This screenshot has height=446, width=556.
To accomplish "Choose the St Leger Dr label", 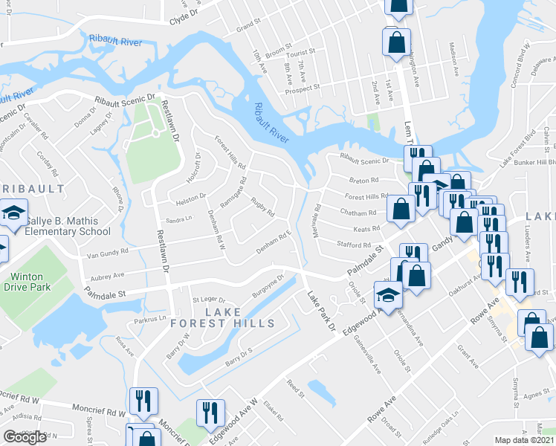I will click(x=207, y=300).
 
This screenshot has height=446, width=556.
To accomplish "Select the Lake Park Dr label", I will click(x=322, y=311).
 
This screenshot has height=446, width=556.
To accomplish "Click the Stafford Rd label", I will click(x=354, y=245).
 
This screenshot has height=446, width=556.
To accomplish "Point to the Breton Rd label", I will click(x=364, y=180).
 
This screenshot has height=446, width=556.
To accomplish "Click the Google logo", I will click(x=25, y=437).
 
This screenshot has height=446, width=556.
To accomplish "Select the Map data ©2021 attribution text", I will click(x=525, y=440).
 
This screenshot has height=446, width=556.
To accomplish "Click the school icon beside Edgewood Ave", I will click(x=388, y=296).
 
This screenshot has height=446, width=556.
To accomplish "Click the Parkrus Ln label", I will click(x=151, y=320).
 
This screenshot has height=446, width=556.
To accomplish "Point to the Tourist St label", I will click(x=303, y=54).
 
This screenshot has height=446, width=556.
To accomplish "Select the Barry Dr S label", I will click(x=240, y=355).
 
